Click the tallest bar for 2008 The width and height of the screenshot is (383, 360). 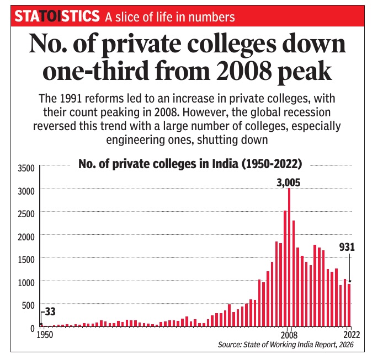coord(289,259)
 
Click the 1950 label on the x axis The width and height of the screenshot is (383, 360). coord(45,335)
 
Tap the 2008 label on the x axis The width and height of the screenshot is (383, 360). coord(289,335)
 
